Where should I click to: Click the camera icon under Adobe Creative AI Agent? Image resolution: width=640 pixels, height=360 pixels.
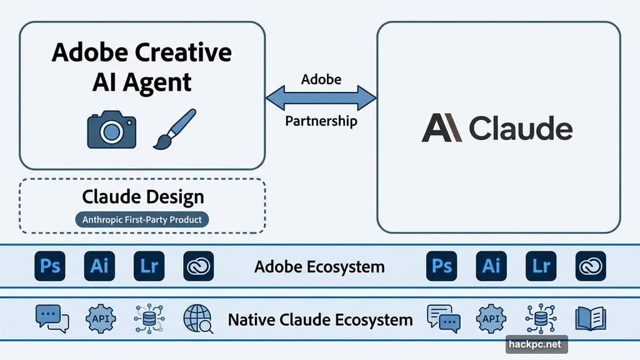tap(111, 131)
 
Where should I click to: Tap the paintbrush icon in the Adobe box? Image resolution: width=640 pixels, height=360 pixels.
tap(174, 129)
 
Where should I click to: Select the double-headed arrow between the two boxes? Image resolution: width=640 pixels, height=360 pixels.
tap(321, 98)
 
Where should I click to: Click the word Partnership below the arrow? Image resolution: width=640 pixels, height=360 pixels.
tap(321, 121)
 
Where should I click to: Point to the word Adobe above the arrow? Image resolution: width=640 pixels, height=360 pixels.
tap(321, 79)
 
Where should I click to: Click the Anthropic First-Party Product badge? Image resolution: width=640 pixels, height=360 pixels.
tap(142, 219)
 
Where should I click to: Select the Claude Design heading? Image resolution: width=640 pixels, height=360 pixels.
tap(142, 197)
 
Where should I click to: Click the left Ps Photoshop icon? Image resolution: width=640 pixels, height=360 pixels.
tap(51, 266)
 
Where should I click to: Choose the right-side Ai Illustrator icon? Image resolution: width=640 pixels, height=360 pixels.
tap(491, 266)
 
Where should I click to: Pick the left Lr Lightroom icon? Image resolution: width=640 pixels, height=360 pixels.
tap(149, 266)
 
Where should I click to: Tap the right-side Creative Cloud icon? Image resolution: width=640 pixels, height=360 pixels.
tap(591, 266)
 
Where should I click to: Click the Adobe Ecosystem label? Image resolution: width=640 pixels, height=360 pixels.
tap(319, 267)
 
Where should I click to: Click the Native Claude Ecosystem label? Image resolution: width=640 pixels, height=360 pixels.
tap(320, 320)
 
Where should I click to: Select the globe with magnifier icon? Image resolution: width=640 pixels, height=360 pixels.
tap(198, 319)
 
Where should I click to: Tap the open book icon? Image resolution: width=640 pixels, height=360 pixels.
tap(590, 318)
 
